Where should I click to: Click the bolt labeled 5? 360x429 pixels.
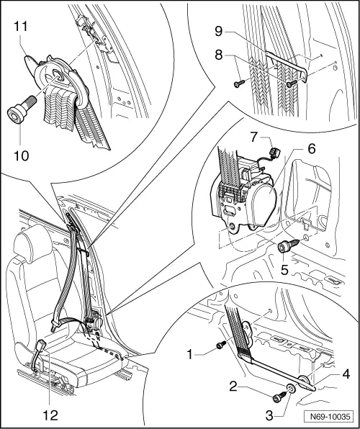click(286, 248)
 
